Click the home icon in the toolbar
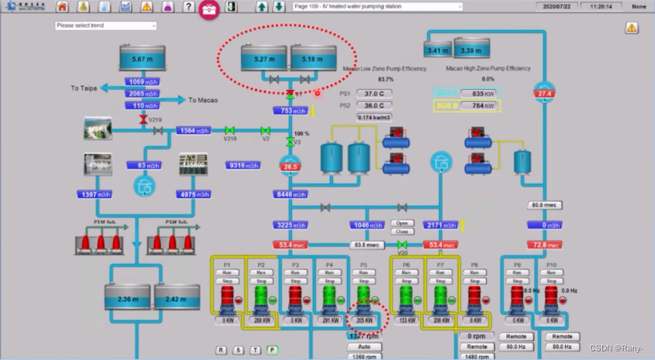pyautogui.click(x=62, y=7)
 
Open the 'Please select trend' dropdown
pyautogui.click(x=106, y=25)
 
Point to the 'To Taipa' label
pyautogui.click(x=84, y=88)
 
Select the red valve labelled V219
pyautogui.click(x=143, y=119)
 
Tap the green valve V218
pyautogui.click(x=230, y=130)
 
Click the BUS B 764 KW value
pyautogui.click(x=489, y=105)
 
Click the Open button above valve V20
pyautogui.click(x=402, y=223)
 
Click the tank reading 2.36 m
pyautogui.click(x=126, y=299)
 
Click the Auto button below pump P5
pyautogui.click(x=364, y=347)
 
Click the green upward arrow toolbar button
pyautogui.click(x=262, y=7)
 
